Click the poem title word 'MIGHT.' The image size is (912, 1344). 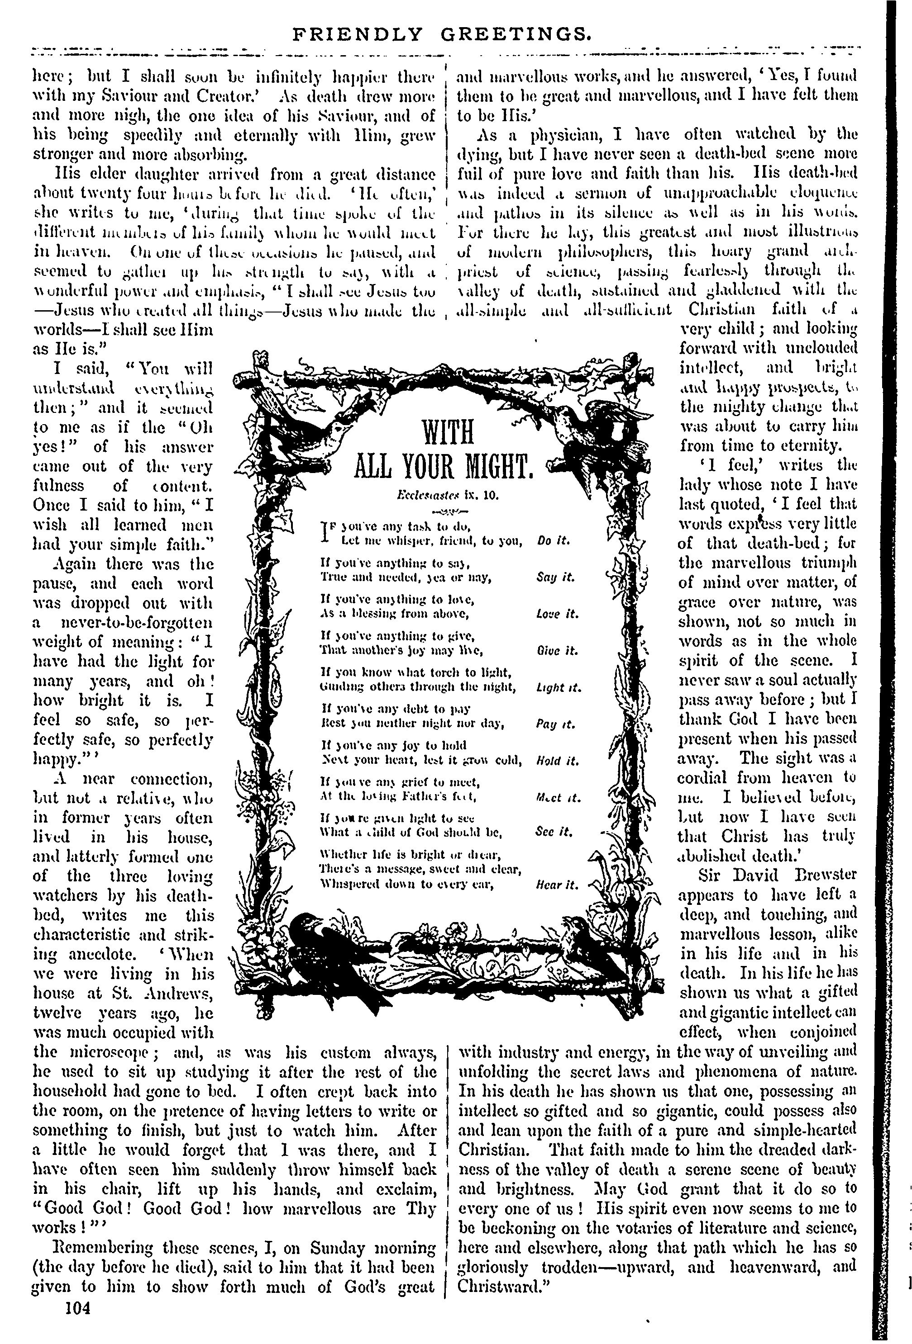(x=492, y=466)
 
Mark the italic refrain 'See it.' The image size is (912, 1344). (x=554, y=833)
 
